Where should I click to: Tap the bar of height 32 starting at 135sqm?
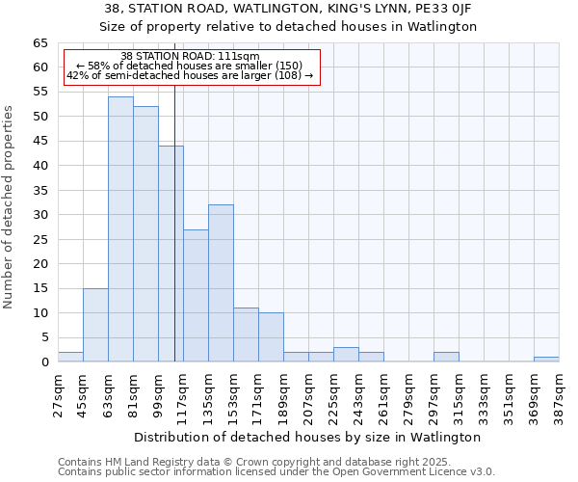[221, 283]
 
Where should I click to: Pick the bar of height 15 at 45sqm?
[95, 325]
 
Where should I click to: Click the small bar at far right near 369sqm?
[546, 360]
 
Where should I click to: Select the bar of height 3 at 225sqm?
[346, 355]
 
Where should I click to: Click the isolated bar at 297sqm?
[446, 357]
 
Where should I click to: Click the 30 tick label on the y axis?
[39, 215]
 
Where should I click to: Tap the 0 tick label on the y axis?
[43, 362]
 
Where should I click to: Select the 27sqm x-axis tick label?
[58, 395]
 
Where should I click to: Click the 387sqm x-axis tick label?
[559, 395]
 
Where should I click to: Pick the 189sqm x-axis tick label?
[283, 395]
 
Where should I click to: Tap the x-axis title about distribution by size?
[307, 437]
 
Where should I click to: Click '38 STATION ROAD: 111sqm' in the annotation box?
[190, 56]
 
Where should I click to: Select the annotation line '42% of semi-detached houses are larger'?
[190, 75]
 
